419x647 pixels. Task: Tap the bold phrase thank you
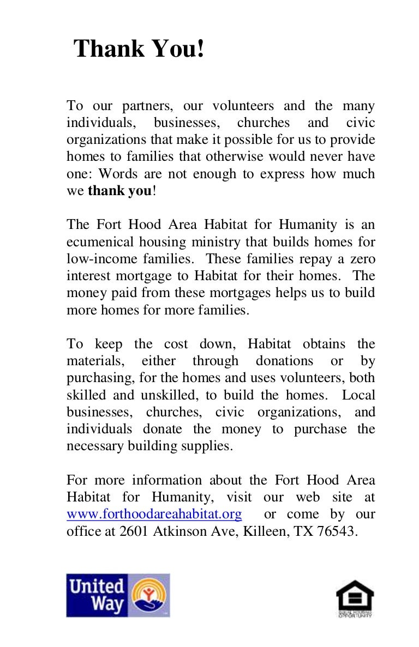(x=119, y=191)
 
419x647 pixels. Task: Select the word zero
(x=362, y=258)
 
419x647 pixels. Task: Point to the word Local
(x=359, y=395)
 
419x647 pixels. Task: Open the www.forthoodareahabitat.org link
(x=154, y=515)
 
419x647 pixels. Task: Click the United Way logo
(x=118, y=595)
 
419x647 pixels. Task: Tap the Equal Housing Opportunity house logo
(x=355, y=598)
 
